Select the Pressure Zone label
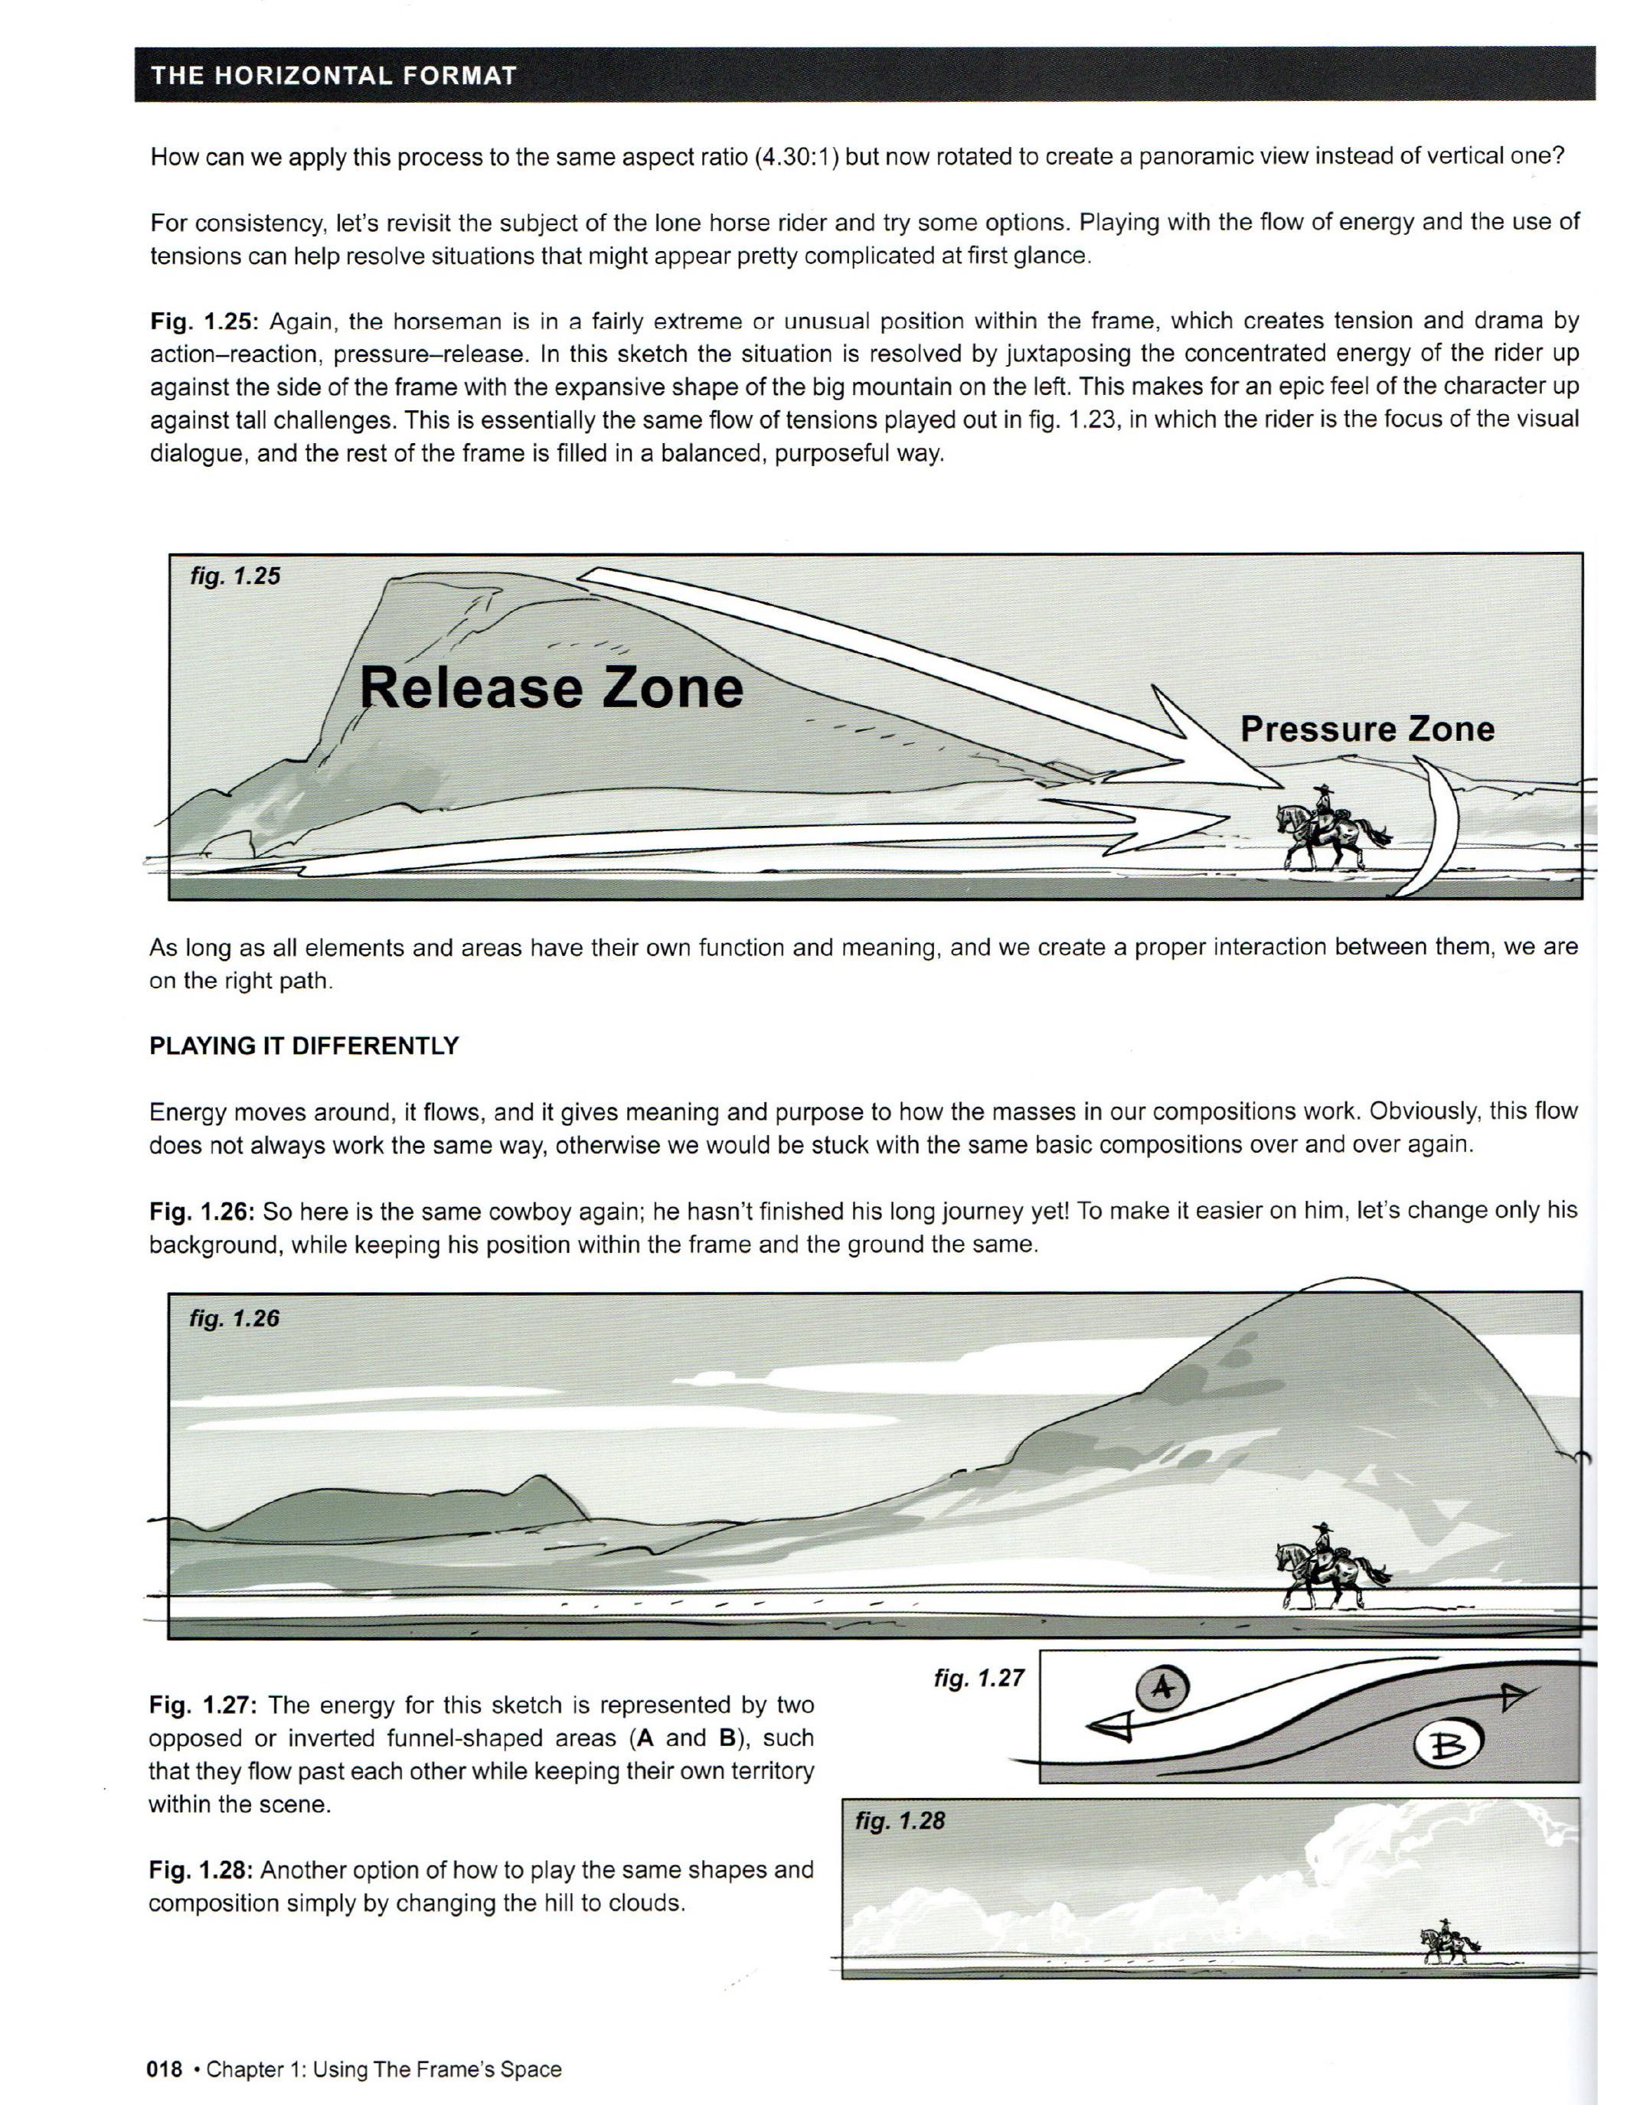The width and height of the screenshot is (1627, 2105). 1367,729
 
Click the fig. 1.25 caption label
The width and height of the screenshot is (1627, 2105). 236,576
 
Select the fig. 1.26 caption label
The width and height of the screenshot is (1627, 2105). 234,1319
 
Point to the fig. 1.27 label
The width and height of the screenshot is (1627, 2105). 978,1678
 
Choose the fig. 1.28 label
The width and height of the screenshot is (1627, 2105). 900,1821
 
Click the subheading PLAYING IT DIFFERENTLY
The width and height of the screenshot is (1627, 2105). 304,1046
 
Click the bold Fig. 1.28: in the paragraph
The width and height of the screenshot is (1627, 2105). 200,1871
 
